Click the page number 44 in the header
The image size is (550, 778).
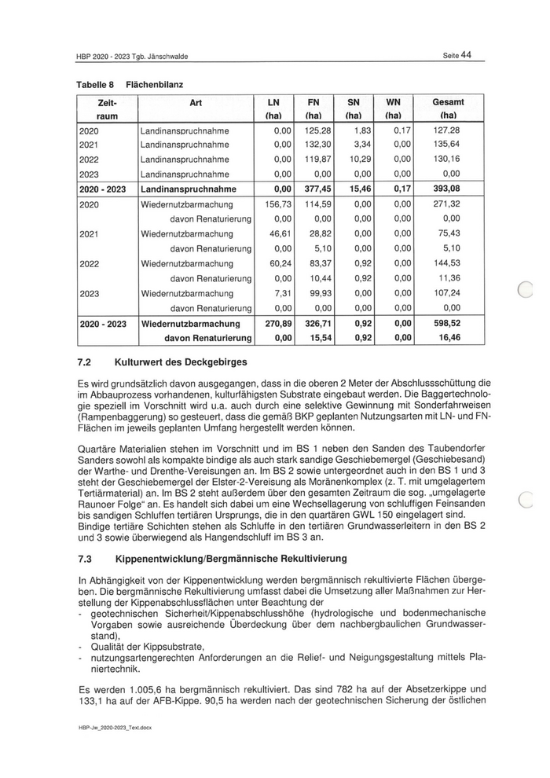[x=466, y=54]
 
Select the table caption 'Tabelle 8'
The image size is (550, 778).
[x=96, y=83]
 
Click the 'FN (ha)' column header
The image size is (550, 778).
[x=313, y=108]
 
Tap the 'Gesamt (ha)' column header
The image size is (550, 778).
[x=449, y=108]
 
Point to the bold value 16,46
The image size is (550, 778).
[x=449, y=337]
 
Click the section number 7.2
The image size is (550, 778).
[x=85, y=362]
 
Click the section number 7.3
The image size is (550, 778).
[x=85, y=559]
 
